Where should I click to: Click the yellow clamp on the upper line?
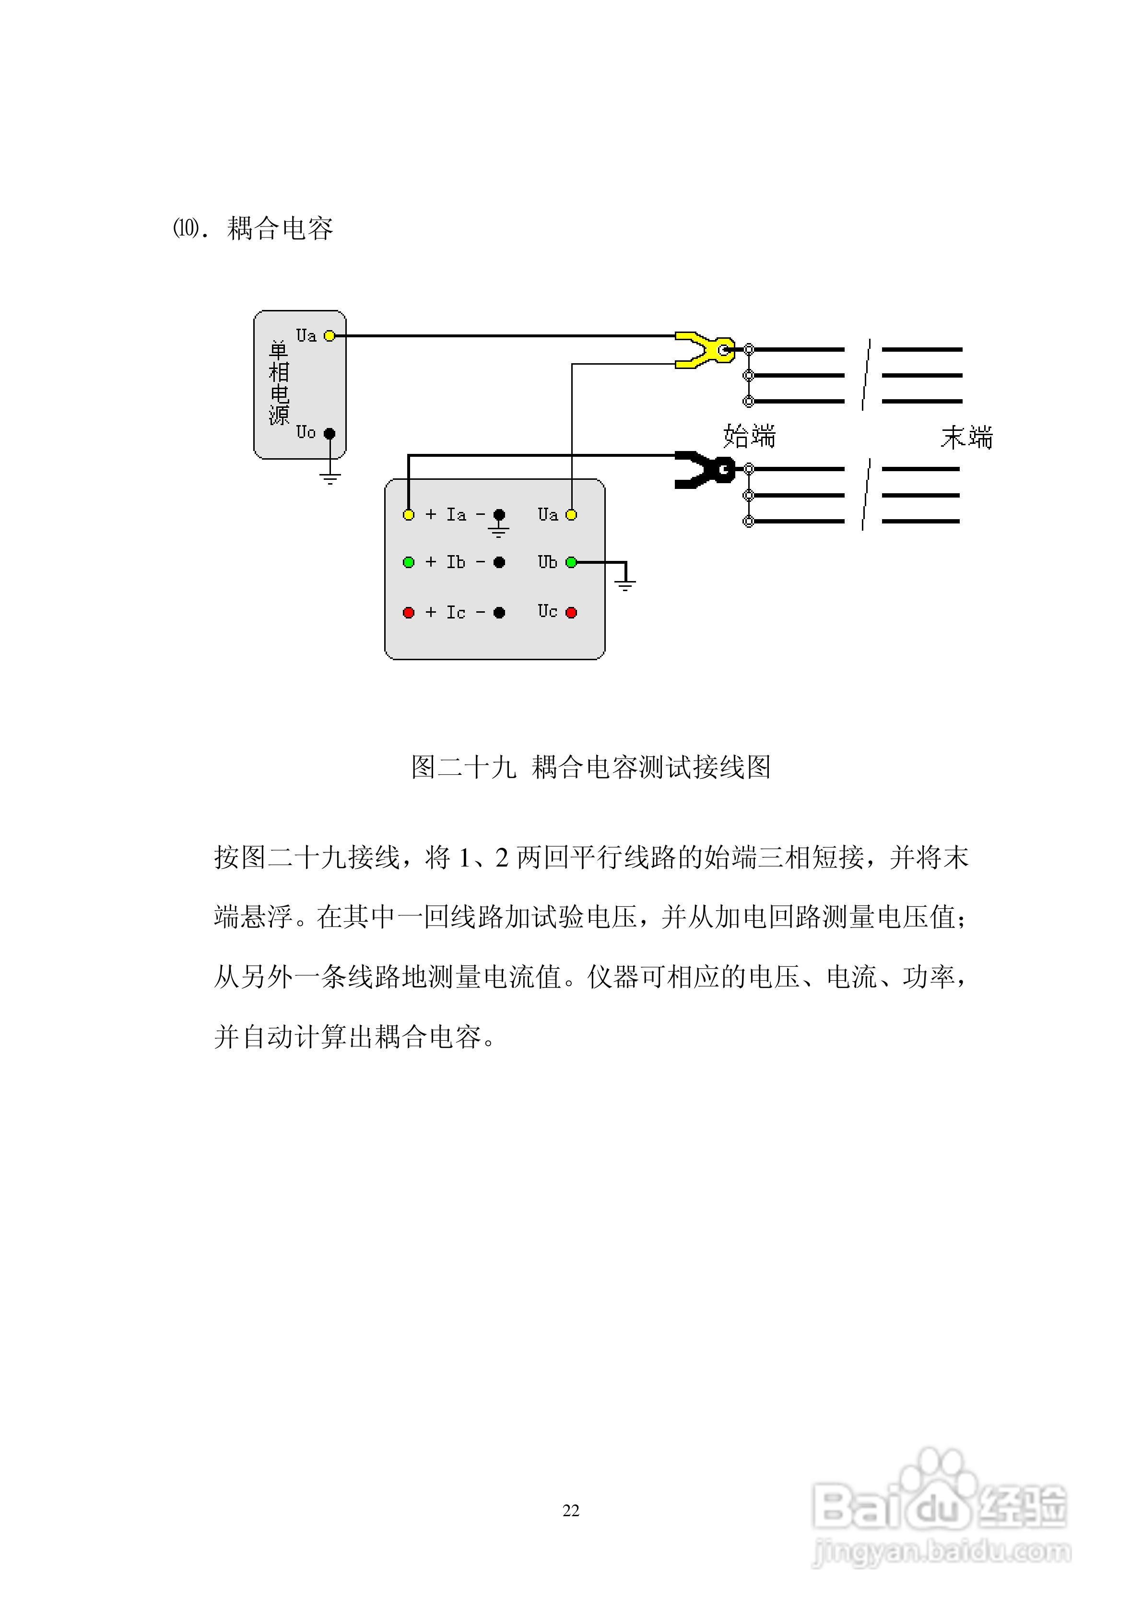pos(704,350)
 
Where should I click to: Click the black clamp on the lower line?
pos(704,469)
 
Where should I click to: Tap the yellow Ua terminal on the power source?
pos(329,336)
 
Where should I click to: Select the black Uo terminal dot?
pos(329,434)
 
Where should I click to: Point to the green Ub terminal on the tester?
pos(571,562)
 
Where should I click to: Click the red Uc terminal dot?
pos(571,612)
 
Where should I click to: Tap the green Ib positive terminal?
pos(408,562)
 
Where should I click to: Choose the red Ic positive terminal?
pos(408,612)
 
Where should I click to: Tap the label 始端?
pos(749,436)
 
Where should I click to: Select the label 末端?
pos(966,438)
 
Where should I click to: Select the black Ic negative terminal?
pos(499,612)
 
